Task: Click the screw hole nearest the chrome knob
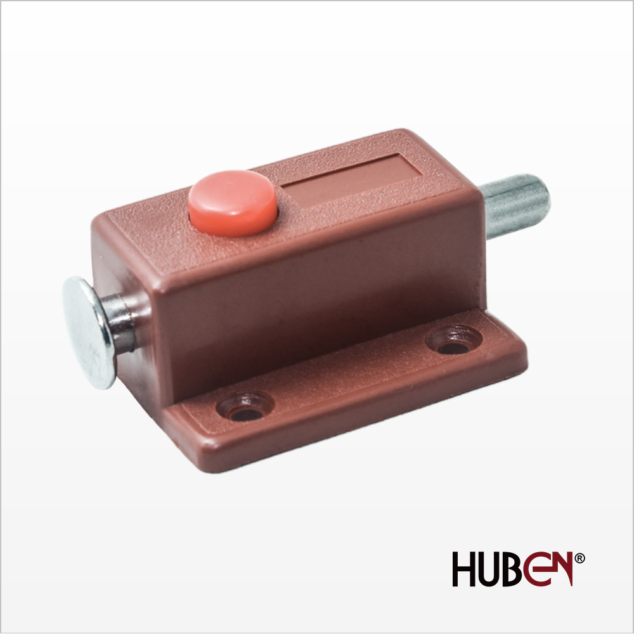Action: (245, 407)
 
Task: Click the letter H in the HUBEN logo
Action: (465, 569)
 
